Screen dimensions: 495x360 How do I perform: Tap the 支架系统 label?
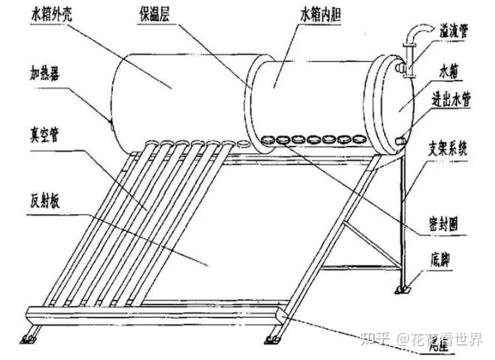tap(449, 149)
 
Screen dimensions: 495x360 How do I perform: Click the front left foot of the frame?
tap(29, 338)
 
